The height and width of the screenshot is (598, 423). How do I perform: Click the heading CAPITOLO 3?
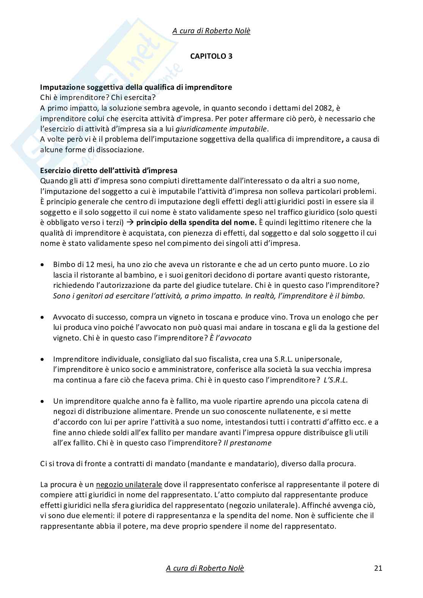211,56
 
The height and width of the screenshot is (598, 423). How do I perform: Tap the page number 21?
378,568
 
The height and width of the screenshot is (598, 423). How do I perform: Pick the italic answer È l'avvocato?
230,338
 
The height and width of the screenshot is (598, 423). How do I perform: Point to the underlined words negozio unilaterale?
129,484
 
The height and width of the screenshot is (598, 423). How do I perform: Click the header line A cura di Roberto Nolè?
211,31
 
